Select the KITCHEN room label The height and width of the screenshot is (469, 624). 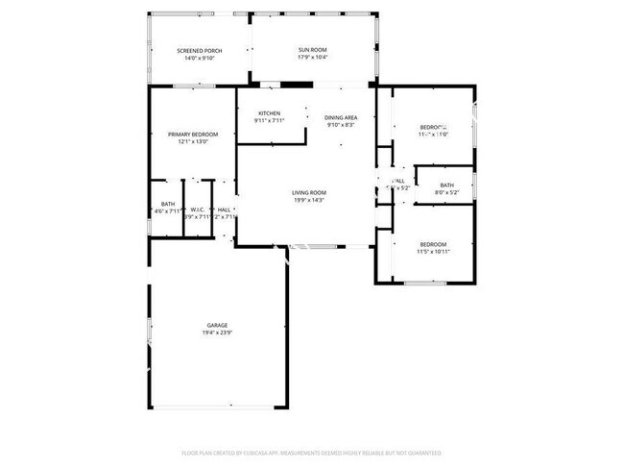(x=269, y=113)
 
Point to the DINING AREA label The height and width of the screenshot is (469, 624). (x=341, y=117)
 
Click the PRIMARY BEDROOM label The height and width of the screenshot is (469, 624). (x=193, y=134)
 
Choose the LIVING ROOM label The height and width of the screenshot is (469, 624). (x=309, y=193)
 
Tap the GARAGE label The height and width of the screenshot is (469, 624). (x=217, y=326)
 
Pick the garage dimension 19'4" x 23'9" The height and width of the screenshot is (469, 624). (x=217, y=333)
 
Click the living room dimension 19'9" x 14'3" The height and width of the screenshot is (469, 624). (x=309, y=201)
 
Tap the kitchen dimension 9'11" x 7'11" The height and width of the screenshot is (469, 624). (x=269, y=121)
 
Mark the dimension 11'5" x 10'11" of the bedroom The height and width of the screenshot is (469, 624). (x=434, y=252)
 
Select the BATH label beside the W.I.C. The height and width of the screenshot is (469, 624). (x=168, y=203)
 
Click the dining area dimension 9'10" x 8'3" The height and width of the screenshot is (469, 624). (x=341, y=125)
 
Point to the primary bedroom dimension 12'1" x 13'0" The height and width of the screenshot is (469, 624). (x=193, y=141)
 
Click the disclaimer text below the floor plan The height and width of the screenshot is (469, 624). (x=311, y=452)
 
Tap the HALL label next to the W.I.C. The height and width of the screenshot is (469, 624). (x=224, y=210)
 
